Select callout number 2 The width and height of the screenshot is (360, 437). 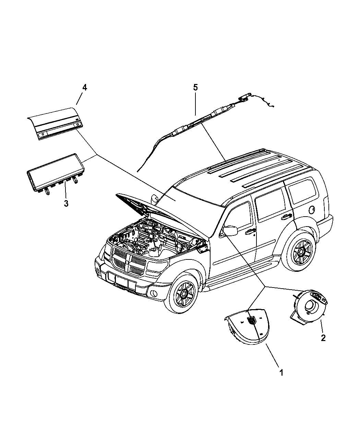click(x=323, y=338)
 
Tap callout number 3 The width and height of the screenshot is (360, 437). click(x=66, y=203)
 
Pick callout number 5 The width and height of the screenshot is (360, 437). click(x=195, y=87)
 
